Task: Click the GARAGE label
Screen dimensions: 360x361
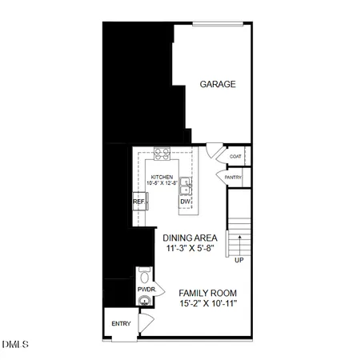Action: point(217,83)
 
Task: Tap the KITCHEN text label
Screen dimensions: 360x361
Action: point(162,176)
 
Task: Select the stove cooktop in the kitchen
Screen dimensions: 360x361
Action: point(162,154)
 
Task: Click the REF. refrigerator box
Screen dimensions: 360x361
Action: point(139,203)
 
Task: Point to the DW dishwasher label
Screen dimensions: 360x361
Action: point(185,202)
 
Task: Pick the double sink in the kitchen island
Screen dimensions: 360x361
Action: point(185,186)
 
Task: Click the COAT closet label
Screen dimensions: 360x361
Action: point(235,157)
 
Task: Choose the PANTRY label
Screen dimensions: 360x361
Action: point(233,177)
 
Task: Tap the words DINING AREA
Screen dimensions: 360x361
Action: point(191,238)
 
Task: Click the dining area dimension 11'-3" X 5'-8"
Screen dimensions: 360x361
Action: point(191,249)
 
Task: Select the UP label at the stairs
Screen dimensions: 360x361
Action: point(239,260)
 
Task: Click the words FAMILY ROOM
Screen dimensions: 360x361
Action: point(208,293)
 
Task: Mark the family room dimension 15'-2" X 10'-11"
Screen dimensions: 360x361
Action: point(208,305)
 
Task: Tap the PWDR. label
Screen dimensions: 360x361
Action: point(146,289)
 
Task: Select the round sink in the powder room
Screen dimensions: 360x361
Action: point(145,301)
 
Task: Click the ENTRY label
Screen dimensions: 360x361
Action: point(121,323)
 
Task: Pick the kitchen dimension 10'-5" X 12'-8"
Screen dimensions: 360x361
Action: point(162,183)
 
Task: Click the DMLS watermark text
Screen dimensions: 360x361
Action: point(14,346)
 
